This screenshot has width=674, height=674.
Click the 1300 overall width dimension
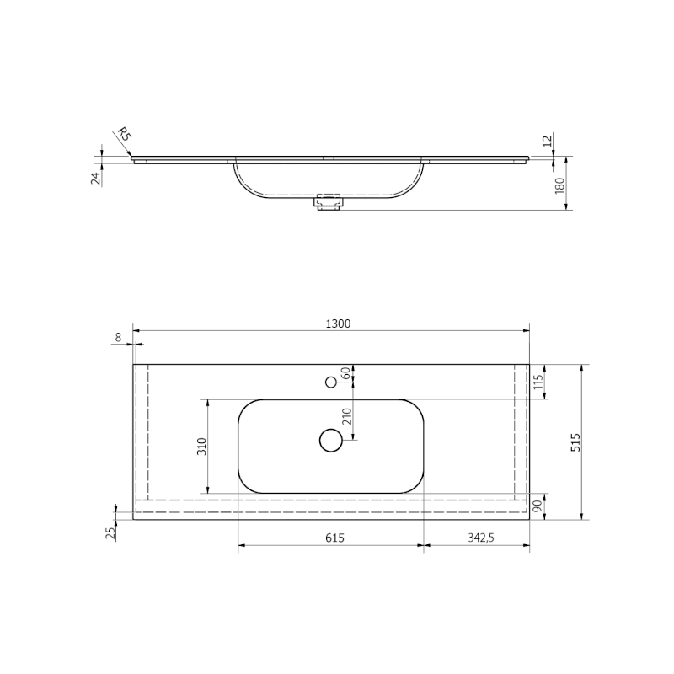pyautogui.click(x=338, y=324)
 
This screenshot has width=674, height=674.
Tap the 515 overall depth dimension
pyautogui.click(x=575, y=442)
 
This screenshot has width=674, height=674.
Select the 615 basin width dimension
pyautogui.click(x=334, y=538)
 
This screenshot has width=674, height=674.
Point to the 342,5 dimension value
pyautogui.click(x=481, y=538)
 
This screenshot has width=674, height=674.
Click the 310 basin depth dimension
pyautogui.click(x=202, y=447)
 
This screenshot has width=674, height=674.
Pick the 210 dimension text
pyautogui.click(x=347, y=416)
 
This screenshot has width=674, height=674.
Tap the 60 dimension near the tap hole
pyautogui.click(x=345, y=373)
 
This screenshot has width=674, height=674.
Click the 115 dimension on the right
pyautogui.click(x=538, y=382)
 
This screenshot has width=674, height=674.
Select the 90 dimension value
pyautogui.click(x=538, y=506)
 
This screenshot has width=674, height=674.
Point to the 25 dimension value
pyautogui.click(x=110, y=533)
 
